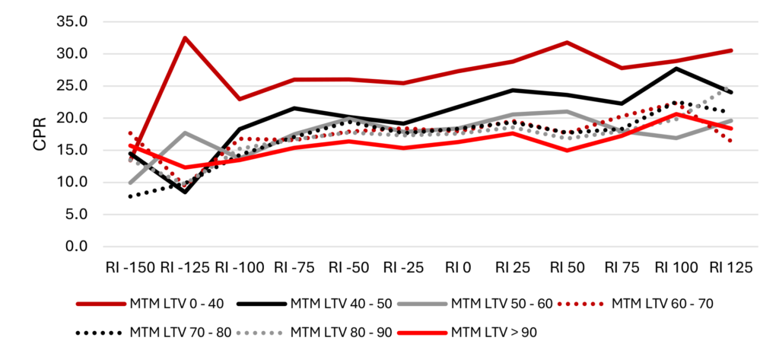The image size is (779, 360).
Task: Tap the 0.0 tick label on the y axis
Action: tap(74, 247)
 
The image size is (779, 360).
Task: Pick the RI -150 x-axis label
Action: tap(130, 267)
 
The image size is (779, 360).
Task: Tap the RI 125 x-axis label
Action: tap(731, 267)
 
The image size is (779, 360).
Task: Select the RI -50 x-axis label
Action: tap(350, 267)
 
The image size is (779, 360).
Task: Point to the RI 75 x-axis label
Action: tap(622, 267)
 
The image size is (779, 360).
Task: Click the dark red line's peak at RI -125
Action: tap(185, 37)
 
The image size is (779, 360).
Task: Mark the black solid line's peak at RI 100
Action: tap(676, 68)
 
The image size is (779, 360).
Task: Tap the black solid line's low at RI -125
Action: tap(185, 192)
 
